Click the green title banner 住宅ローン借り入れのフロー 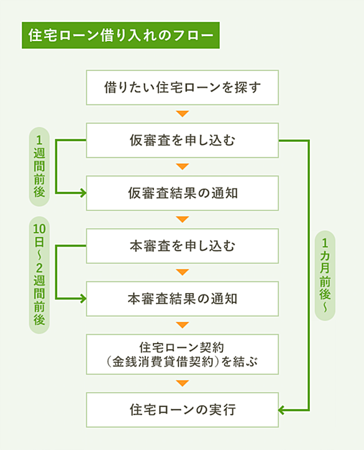pyautogui.click(x=121, y=35)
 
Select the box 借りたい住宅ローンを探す pyautogui.click(x=182, y=88)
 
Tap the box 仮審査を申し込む pyautogui.click(x=182, y=140)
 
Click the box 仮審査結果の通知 pyautogui.click(x=182, y=193)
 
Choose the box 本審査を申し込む pyautogui.click(x=182, y=246)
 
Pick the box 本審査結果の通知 pyautogui.click(x=182, y=299)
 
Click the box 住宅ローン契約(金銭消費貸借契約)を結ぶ pyautogui.click(x=182, y=354)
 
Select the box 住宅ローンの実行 pyautogui.click(x=182, y=410)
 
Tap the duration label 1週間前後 pyautogui.click(x=39, y=166)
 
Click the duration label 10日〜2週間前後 pyautogui.click(x=39, y=275)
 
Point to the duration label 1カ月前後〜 pyautogui.click(x=325, y=276)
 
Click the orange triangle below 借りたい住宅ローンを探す pyautogui.click(x=183, y=114)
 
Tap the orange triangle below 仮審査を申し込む pyautogui.click(x=183, y=166)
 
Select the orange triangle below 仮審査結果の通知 pyautogui.click(x=183, y=219)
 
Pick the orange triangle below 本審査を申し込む pyautogui.click(x=183, y=272)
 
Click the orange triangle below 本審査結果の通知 pyautogui.click(x=183, y=325)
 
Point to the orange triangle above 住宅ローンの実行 pyautogui.click(x=183, y=383)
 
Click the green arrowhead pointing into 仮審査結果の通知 pyautogui.click(x=83, y=193)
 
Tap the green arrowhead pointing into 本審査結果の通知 pyautogui.click(x=83, y=299)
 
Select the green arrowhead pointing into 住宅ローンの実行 pyautogui.click(x=281, y=410)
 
